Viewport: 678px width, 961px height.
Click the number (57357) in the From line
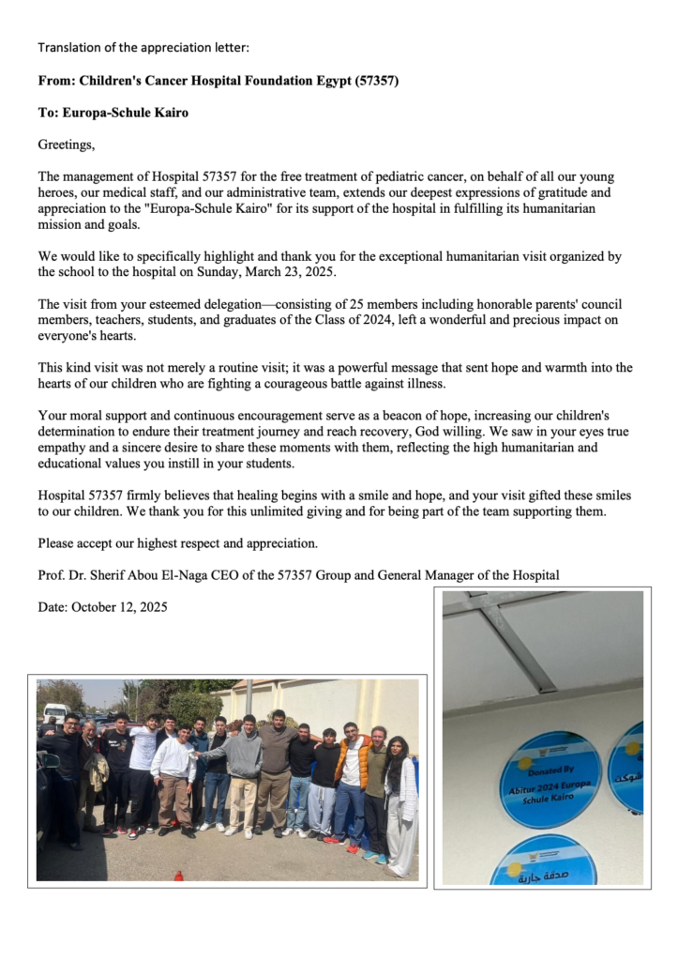377,82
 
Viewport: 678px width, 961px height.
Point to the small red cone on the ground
178,875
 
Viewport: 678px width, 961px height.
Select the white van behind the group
55,713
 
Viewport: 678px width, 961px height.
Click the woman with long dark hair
398,788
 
